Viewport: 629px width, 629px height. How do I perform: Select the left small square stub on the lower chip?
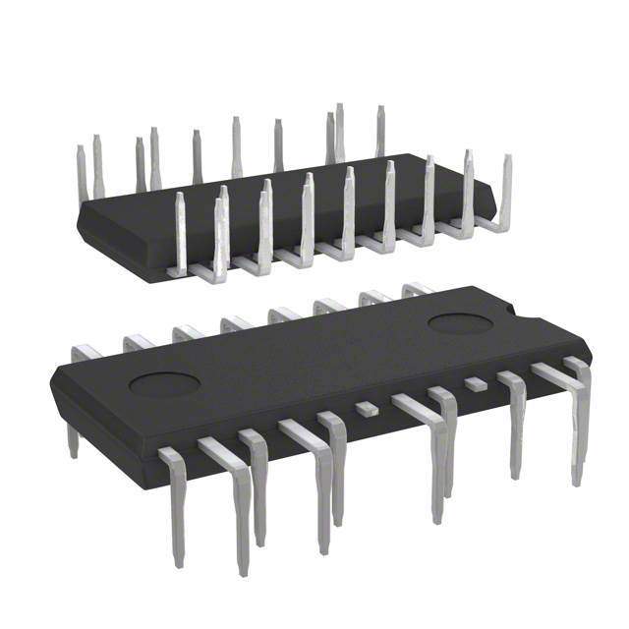[x=367, y=405]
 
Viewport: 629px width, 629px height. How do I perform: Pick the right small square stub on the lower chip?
[x=476, y=383]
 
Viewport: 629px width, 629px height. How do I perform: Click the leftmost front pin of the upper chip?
[x=181, y=231]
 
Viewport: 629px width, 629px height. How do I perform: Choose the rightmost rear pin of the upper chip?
[x=379, y=130]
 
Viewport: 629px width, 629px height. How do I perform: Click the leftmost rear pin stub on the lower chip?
[x=86, y=352]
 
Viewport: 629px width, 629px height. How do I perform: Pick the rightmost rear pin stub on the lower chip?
[x=417, y=289]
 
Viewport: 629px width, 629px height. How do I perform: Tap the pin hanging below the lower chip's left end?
[x=72, y=438]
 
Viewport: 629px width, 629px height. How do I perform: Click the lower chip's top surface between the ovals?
[x=314, y=354]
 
